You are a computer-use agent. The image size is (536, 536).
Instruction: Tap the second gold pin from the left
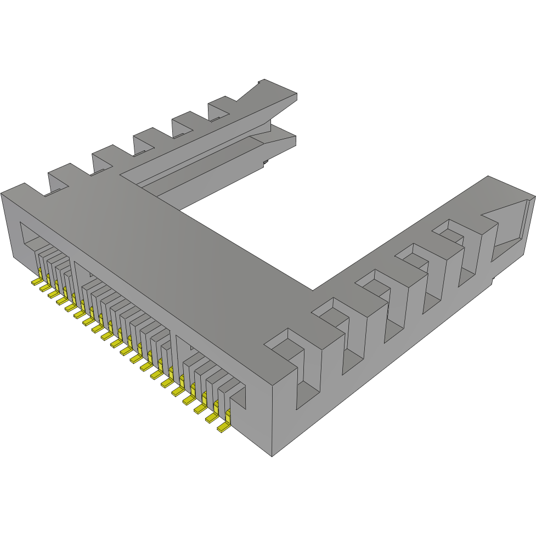(44, 288)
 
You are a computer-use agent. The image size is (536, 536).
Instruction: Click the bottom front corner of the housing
(272, 455)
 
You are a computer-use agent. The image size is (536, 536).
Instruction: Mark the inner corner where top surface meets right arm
(313, 290)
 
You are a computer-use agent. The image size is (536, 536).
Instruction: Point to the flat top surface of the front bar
(165, 247)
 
